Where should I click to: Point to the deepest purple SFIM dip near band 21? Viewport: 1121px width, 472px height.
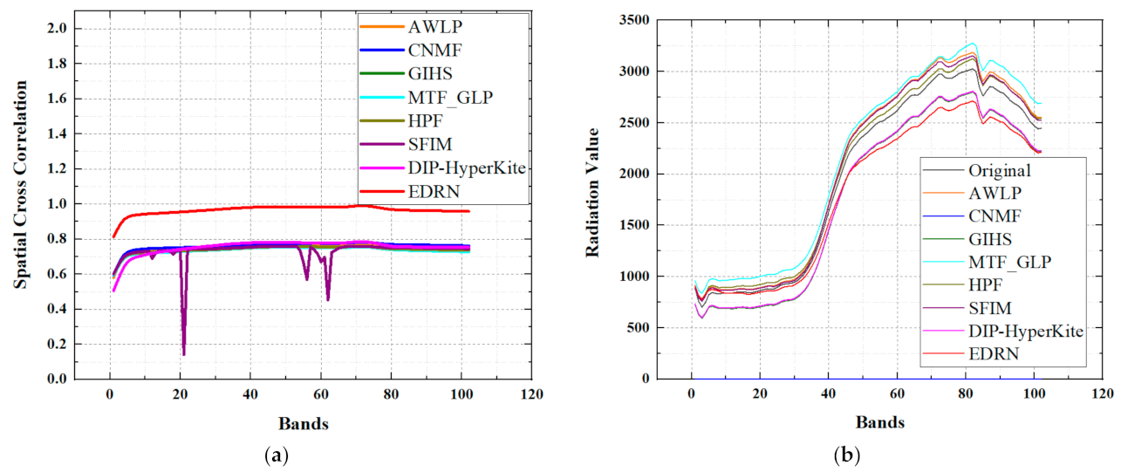click(x=183, y=353)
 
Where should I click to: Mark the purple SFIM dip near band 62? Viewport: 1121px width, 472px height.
click(x=328, y=299)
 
